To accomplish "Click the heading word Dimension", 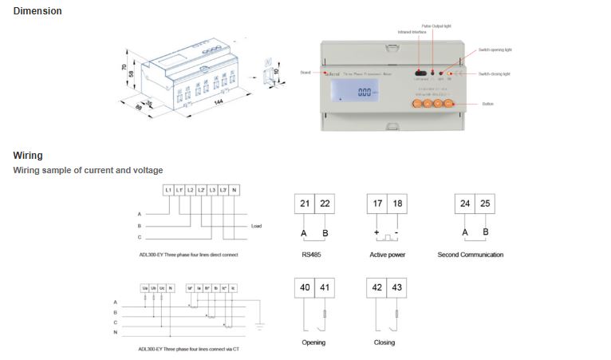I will [x=37, y=11].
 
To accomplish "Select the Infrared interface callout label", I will [x=412, y=32].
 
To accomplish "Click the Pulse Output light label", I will [x=436, y=26].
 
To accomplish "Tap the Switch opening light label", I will [x=495, y=49].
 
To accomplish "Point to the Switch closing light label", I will [x=495, y=74].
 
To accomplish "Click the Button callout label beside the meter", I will [x=489, y=104].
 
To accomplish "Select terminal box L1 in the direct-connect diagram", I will [x=168, y=189].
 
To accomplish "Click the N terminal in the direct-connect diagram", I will [x=234, y=189].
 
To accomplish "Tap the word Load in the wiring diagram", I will [x=256, y=226].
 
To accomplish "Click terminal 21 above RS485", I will [x=305, y=204].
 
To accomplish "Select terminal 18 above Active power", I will [x=397, y=204].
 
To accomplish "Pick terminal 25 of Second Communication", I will [x=486, y=204].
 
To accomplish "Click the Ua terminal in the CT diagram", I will [x=144, y=287].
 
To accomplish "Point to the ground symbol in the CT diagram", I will [x=258, y=326].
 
